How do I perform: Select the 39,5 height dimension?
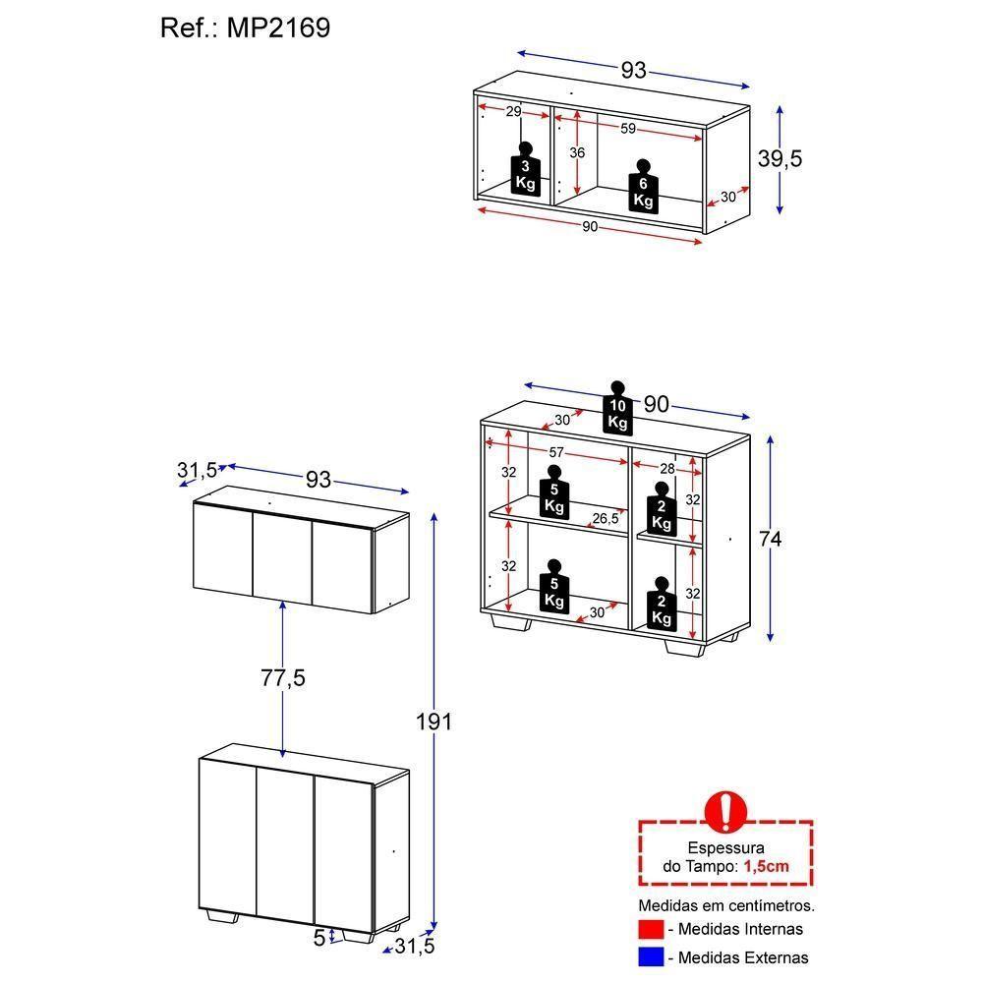(x=781, y=158)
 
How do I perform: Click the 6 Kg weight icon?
(x=643, y=186)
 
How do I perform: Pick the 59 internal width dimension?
(x=628, y=128)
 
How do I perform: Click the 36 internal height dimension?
(x=577, y=152)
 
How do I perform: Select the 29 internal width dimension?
(x=513, y=112)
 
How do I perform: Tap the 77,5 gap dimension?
(x=283, y=677)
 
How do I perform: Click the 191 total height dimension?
(x=434, y=722)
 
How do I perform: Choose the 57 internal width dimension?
(x=556, y=452)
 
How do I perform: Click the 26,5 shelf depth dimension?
(x=605, y=518)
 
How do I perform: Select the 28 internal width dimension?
(x=667, y=469)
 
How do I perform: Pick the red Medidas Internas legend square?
(x=651, y=929)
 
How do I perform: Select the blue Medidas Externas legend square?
(x=651, y=956)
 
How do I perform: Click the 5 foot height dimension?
(x=319, y=938)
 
